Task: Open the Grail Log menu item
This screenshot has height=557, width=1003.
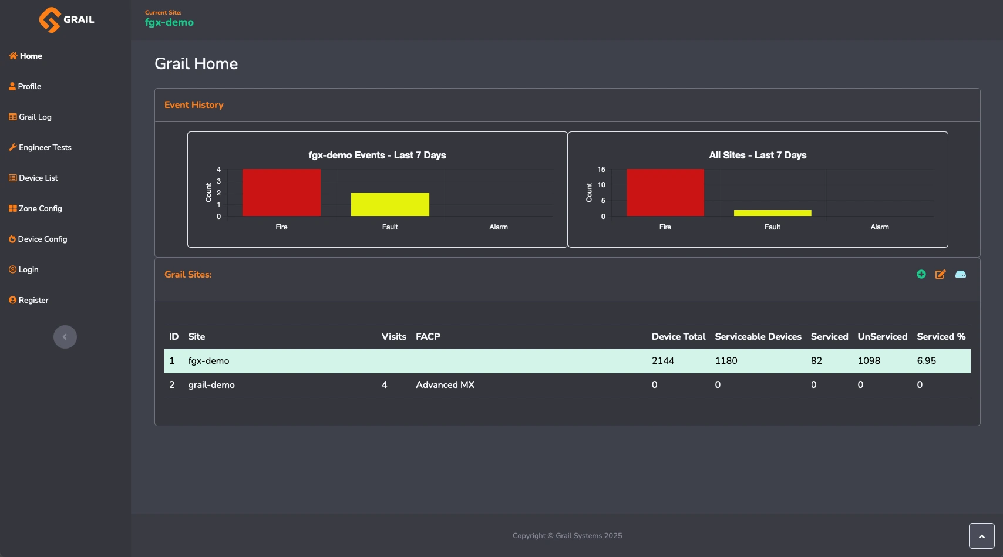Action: click(x=30, y=117)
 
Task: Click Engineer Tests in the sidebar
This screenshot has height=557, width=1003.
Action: click(x=40, y=147)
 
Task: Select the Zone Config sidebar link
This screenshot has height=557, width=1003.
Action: click(x=35, y=208)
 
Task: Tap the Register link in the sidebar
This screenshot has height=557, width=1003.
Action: click(x=29, y=300)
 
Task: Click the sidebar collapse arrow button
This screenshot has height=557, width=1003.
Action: click(x=65, y=337)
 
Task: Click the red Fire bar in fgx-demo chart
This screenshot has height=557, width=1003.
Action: click(x=281, y=193)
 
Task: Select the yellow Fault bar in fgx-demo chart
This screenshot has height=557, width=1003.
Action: click(x=390, y=204)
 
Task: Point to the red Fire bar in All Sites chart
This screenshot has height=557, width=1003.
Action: click(x=665, y=193)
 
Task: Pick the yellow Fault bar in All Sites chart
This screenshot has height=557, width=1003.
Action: click(x=772, y=213)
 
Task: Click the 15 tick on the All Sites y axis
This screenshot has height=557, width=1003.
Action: click(x=601, y=170)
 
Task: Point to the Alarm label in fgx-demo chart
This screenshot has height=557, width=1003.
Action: click(x=499, y=227)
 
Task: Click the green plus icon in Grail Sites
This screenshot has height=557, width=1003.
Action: click(x=921, y=274)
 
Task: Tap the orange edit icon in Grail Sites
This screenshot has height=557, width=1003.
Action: click(x=940, y=274)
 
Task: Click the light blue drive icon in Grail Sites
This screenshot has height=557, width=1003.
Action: click(x=961, y=274)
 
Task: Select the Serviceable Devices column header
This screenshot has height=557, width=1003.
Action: click(x=758, y=337)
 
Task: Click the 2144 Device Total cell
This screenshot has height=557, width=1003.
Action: click(x=662, y=361)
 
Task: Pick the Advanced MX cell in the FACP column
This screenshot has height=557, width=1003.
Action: click(x=445, y=385)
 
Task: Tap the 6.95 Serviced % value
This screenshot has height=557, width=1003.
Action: click(x=927, y=361)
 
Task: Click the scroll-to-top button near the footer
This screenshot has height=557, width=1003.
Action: click(x=981, y=536)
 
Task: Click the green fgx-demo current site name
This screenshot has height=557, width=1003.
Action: click(x=169, y=22)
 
